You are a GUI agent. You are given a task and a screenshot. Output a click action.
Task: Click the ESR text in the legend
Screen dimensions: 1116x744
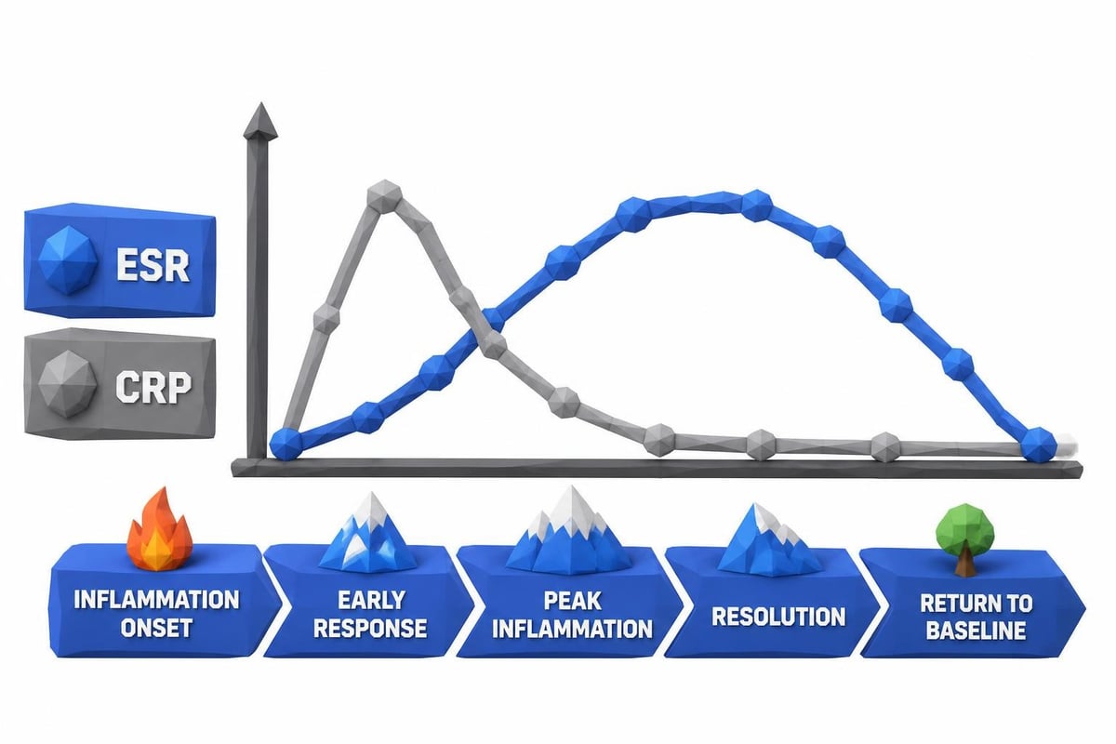(153, 266)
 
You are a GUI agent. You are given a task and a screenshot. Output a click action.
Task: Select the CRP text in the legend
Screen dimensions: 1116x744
(153, 387)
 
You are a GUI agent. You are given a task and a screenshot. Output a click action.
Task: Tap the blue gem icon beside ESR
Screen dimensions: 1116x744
(68, 259)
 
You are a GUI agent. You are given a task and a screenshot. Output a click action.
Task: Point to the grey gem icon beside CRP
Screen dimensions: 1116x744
(67, 384)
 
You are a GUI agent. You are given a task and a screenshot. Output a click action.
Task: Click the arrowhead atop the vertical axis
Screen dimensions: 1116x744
(260, 121)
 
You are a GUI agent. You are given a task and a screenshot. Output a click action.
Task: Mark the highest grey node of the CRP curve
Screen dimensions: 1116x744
(384, 196)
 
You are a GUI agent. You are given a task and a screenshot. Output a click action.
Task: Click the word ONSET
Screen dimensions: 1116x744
(156, 628)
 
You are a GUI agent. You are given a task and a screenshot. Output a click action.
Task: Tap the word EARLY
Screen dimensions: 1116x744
(372, 601)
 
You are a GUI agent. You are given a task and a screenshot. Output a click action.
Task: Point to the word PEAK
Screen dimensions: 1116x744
(572, 601)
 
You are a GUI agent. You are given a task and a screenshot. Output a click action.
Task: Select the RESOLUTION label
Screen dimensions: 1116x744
(778, 617)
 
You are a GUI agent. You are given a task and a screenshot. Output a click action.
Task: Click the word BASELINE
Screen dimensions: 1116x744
(976, 630)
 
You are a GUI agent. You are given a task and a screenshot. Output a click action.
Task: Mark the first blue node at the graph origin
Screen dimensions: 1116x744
(286, 443)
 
